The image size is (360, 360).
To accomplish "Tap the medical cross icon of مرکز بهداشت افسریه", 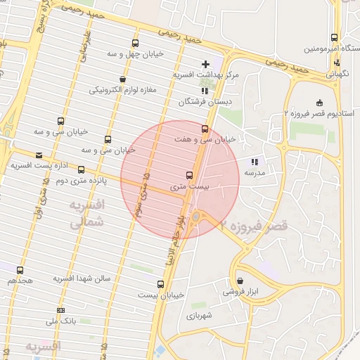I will [x=205, y=64].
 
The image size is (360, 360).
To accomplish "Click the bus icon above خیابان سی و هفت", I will [x=205, y=129].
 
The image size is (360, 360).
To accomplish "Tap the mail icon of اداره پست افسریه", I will [x=38, y=155].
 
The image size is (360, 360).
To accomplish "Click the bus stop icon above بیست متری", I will [x=189, y=175].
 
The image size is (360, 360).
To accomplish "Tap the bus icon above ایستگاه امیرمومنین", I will [x=333, y=38].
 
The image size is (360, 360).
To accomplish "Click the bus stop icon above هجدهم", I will [x=19, y=269].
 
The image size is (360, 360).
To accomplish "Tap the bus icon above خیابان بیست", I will [x=161, y=284].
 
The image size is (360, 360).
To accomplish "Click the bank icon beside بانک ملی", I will [x=61, y=310].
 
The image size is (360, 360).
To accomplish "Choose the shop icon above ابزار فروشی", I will [x=240, y=281].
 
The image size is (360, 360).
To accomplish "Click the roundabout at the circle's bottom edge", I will [x=196, y=218].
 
